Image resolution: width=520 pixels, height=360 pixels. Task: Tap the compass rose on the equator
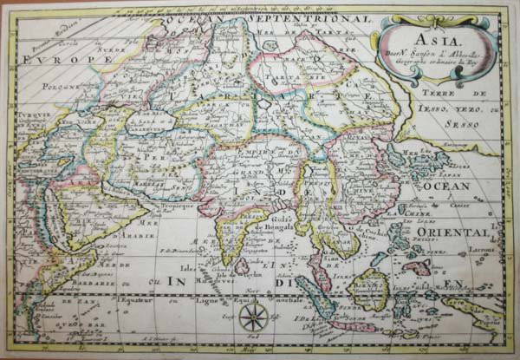tap(253, 317)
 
